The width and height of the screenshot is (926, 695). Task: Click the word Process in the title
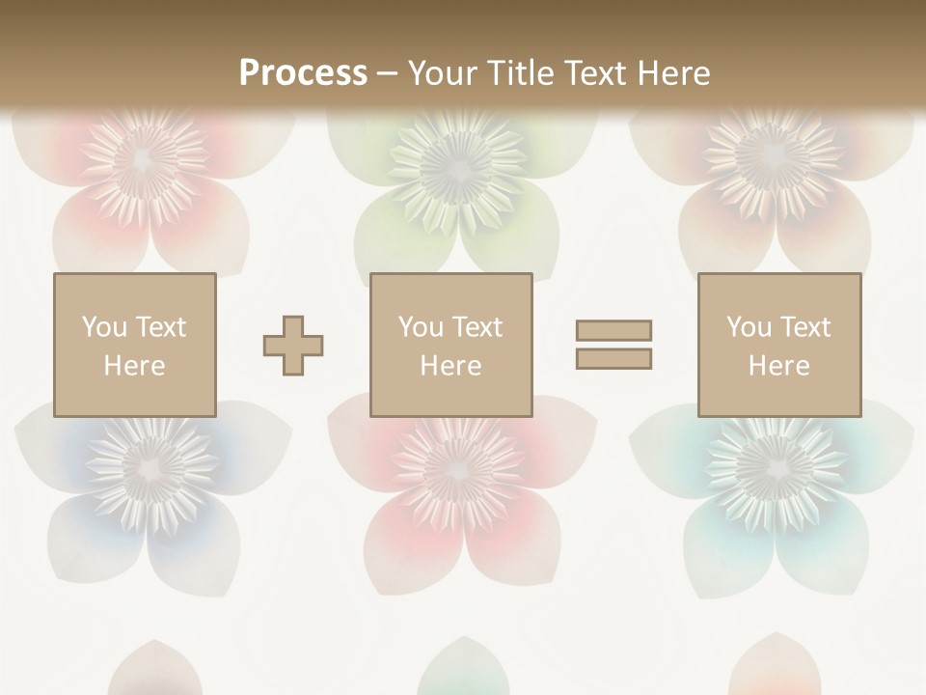pyautogui.click(x=303, y=72)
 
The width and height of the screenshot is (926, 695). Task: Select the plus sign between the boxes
pyautogui.click(x=293, y=345)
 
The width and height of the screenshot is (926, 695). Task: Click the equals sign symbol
pyautogui.click(x=613, y=345)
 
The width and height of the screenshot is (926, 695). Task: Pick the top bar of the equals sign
pyautogui.click(x=613, y=330)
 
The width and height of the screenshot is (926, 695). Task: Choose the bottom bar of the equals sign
pyautogui.click(x=613, y=359)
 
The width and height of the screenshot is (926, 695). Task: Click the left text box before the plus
pyautogui.click(x=134, y=345)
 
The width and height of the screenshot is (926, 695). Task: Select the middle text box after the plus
pyautogui.click(x=450, y=345)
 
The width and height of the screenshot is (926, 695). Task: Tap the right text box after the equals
pyautogui.click(x=778, y=345)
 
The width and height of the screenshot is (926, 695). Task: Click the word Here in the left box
pyautogui.click(x=134, y=366)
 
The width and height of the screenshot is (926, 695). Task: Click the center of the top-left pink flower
pyautogui.click(x=145, y=157)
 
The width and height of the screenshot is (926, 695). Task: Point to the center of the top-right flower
pyautogui.click(x=772, y=157)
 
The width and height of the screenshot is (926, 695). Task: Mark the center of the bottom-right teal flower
pyautogui.click(x=772, y=468)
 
